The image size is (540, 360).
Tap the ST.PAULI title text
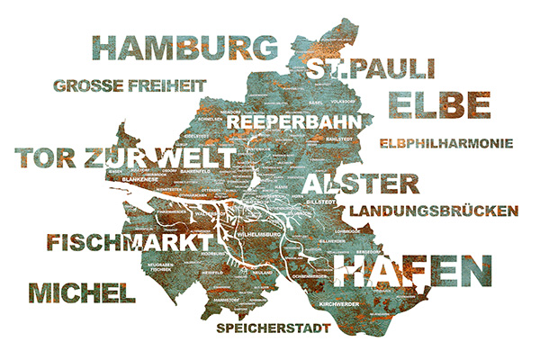(x=370, y=69)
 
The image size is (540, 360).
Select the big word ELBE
(x=441, y=105)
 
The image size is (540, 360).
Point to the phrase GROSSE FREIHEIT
(x=130, y=86)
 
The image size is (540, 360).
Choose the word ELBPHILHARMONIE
(x=446, y=142)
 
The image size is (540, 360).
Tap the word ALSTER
(x=361, y=184)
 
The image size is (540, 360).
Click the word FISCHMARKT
(x=126, y=243)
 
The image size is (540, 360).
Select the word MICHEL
(x=82, y=292)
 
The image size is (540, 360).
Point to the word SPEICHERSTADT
(x=274, y=328)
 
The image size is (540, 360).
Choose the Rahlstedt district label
(x=337, y=139)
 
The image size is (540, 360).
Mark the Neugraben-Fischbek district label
(x=160, y=266)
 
